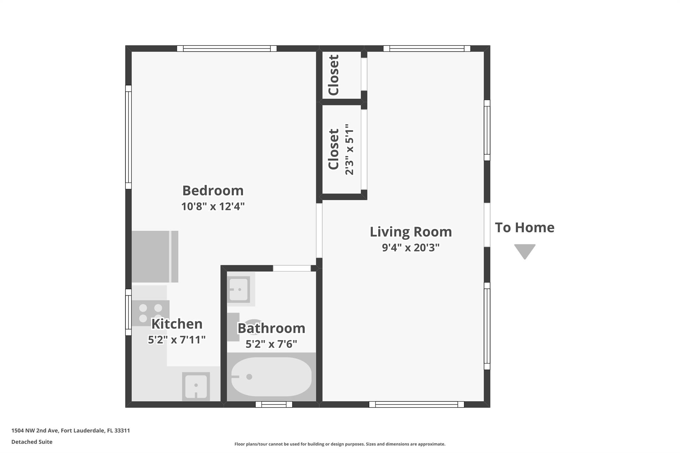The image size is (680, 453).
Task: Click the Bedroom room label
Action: coord(213,190)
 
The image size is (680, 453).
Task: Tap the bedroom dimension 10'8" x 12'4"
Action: coord(213,206)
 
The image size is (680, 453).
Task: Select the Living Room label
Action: coord(411,232)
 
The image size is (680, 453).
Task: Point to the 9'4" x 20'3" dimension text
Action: coord(411,248)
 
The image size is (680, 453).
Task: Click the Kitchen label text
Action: coord(177,324)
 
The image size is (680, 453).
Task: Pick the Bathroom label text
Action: coord(271,328)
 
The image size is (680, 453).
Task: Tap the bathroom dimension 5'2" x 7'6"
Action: coord(271,344)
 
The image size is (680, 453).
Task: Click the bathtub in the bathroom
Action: coord(271,377)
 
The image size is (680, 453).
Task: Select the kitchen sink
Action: coord(196,386)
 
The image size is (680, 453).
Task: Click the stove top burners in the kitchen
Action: coord(150,313)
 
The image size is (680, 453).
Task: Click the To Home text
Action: coord(525,228)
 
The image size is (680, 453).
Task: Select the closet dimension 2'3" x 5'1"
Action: coord(349,150)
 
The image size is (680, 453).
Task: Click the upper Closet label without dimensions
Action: coord(333,75)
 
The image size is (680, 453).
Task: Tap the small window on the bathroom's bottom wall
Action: coord(274,405)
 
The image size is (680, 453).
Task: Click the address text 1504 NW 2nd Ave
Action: coord(35,430)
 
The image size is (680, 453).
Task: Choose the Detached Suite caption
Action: coord(32,442)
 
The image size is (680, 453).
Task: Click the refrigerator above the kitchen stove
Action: coord(155,257)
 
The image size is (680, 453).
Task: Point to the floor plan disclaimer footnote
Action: coord(340,444)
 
